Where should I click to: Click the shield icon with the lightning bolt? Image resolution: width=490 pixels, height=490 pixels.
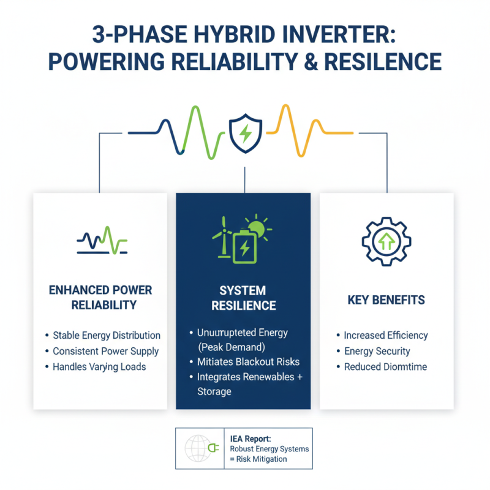click(x=245, y=134)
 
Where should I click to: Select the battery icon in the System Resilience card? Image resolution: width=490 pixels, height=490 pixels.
click(x=244, y=246)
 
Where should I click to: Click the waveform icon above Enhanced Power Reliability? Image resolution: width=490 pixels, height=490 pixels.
click(x=102, y=240)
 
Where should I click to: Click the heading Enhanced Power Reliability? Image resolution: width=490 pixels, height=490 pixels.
click(x=100, y=297)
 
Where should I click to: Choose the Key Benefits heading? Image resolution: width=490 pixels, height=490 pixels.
click(x=386, y=301)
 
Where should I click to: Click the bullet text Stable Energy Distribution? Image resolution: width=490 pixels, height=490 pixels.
click(x=107, y=335)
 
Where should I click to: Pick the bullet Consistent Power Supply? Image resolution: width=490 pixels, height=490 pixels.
click(x=105, y=351)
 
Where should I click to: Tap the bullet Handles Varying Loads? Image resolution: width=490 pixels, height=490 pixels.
click(x=99, y=367)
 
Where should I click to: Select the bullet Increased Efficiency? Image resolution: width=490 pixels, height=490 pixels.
click(x=386, y=335)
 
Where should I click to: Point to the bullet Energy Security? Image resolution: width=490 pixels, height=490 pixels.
click(x=377, y=351)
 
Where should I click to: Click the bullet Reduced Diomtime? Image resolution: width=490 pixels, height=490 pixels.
click(x=385, y=367)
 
